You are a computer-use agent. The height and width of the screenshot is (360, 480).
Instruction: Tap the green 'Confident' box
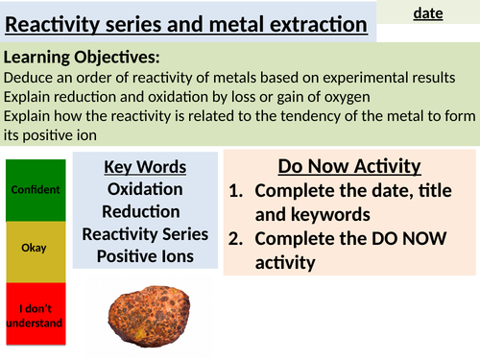[35, 189]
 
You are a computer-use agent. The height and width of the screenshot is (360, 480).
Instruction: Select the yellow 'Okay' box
[35, 248]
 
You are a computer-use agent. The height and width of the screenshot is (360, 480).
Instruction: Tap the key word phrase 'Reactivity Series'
[145, 233]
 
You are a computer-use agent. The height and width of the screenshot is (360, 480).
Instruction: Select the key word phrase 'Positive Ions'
[145, 255]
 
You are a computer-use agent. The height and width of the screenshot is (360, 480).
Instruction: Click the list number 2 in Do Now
[237, 240]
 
